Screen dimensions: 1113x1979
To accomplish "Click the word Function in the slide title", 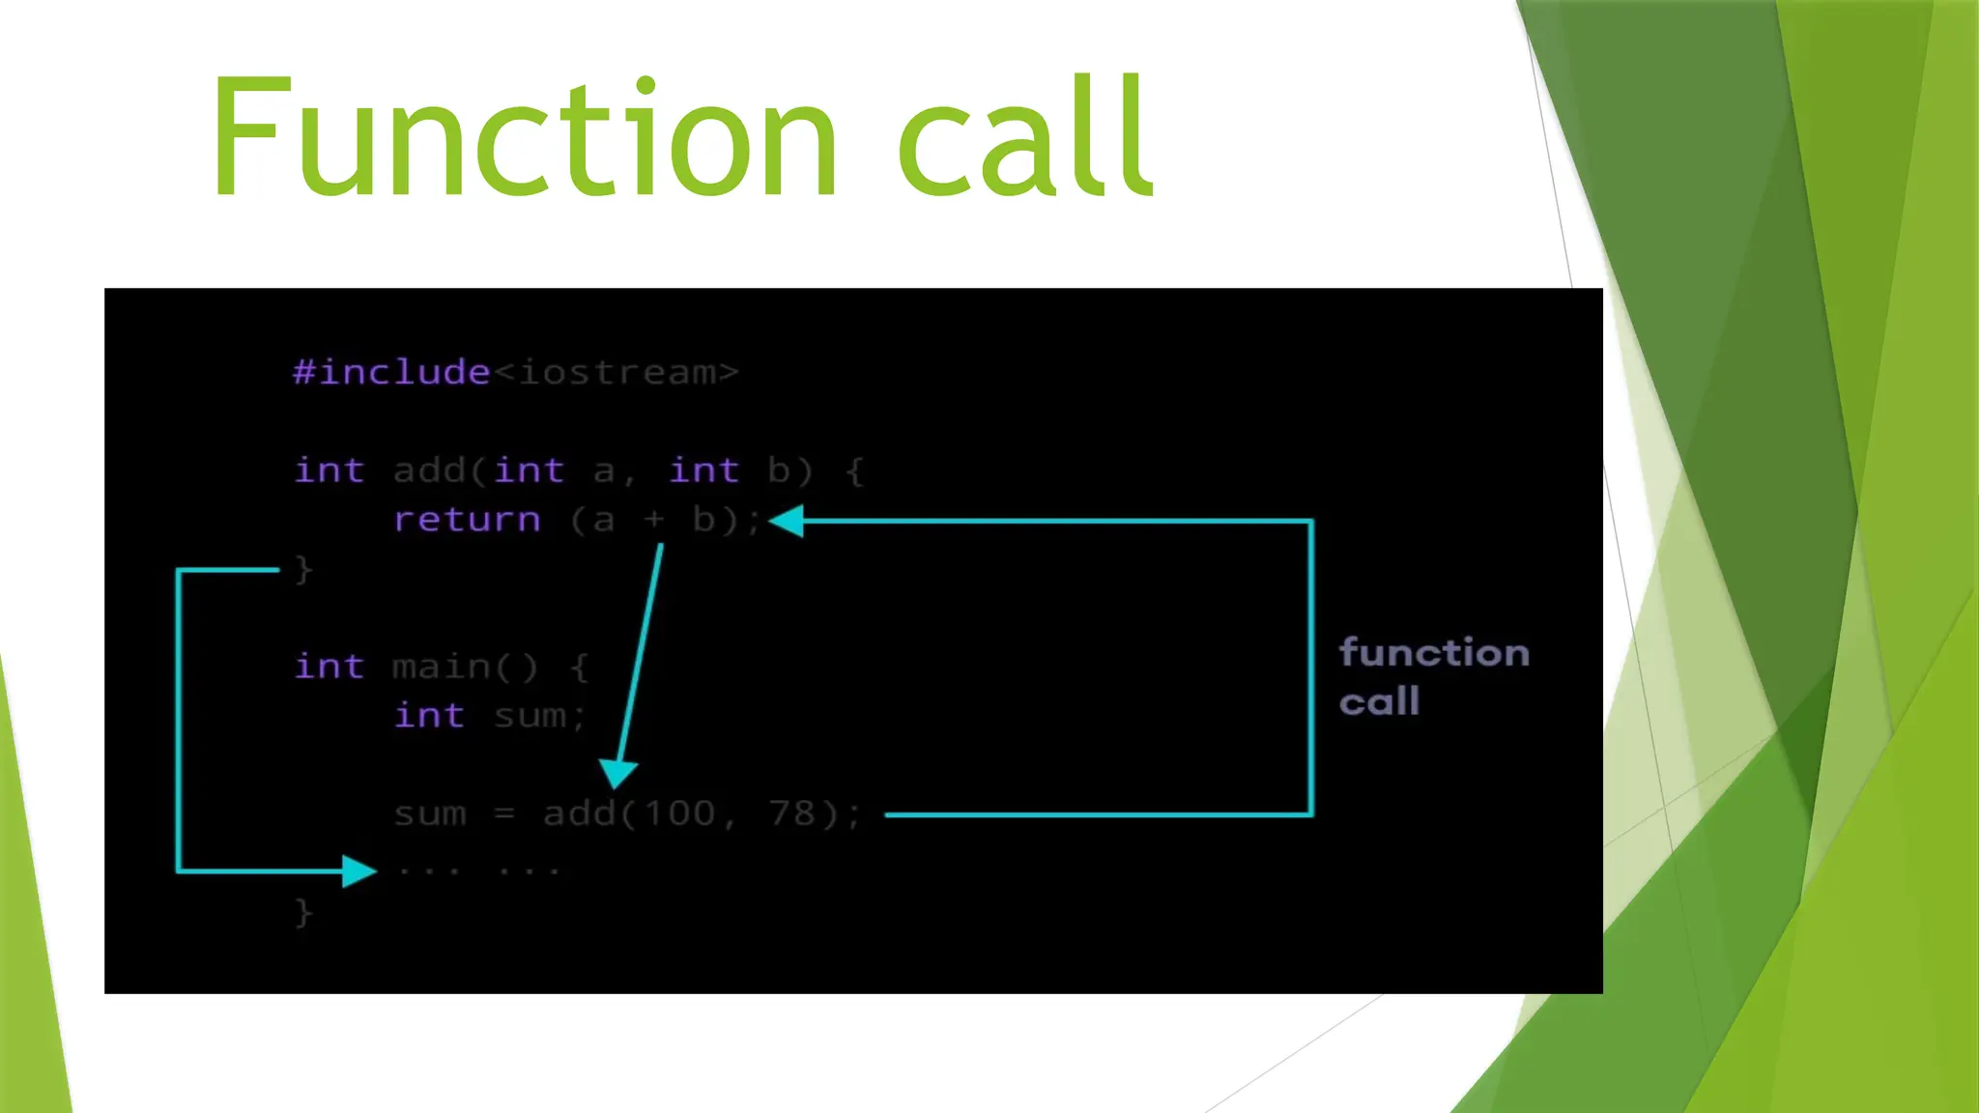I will click(523, 137).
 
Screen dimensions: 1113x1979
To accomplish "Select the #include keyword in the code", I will click(391, 372).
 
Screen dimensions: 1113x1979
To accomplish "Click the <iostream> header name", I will click(617, 372).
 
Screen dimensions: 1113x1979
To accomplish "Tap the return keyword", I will click(467, 520).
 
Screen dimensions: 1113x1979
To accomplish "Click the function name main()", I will click(465, 667).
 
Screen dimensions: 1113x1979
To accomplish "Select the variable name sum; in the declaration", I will click(539, 716).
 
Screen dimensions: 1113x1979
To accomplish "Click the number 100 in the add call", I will click(679, 813).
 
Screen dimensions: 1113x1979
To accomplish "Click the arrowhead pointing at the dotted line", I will click(359, 871).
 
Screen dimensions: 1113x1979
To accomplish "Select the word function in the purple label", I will click(1434, 653).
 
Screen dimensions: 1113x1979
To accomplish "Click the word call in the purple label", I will click(1379, 702).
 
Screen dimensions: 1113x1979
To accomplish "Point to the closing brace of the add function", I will click(303, 569).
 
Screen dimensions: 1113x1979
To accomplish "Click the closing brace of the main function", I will click(303, 912).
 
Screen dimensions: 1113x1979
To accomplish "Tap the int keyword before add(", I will click(330, 471).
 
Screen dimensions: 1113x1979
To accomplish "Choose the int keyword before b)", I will click(703, 471).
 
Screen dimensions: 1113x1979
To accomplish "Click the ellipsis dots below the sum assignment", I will click(479, 871).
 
